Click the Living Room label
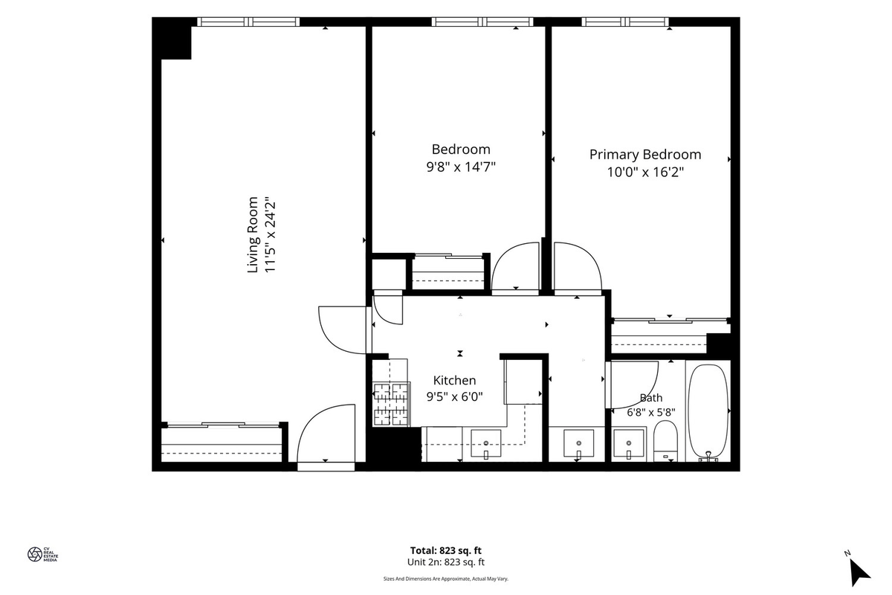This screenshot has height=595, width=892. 253,234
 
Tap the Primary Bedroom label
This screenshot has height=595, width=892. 645,154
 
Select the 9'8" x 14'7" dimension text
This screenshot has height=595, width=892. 461,167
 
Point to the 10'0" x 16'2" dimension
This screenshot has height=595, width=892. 645,172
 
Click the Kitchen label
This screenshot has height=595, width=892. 454,380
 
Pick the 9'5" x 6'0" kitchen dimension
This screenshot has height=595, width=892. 454,396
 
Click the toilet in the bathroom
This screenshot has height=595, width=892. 665,441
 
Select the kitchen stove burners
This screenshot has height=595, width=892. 392,404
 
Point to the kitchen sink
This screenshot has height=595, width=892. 486,443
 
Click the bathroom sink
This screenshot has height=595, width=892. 628,443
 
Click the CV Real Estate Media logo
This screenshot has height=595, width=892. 42,554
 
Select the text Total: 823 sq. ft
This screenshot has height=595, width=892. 446,550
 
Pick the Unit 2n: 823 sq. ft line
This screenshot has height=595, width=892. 446,562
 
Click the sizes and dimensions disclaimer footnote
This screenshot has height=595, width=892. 446,579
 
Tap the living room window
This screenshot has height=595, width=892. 248,22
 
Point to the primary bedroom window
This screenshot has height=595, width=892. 625,22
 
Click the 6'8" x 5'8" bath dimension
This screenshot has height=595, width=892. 651,413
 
